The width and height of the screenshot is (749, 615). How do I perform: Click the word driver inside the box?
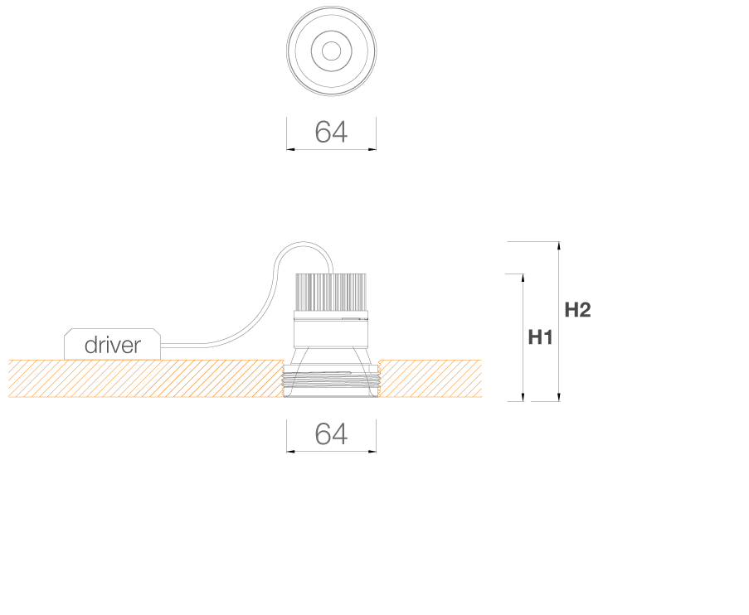(113, 345)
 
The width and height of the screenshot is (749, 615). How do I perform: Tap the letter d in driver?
(90, 345)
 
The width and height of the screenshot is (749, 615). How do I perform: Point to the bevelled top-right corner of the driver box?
(157, 332)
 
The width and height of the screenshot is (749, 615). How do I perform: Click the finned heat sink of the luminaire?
(331, 293)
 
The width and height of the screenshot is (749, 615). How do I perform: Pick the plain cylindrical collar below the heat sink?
(331, 335)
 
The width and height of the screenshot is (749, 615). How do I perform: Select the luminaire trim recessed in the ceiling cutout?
(331, 384)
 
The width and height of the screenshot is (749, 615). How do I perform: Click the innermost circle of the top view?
(332, 51)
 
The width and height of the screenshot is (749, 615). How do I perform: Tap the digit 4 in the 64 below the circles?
(340, 132)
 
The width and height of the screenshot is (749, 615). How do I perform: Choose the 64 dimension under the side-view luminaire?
(331, 433)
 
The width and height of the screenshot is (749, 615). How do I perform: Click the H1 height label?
(540, 337)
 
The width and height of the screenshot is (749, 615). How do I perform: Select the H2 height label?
(577, 310)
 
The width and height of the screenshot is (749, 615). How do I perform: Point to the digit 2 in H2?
(585, 310)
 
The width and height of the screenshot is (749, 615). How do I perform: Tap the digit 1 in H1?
(548, 337)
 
